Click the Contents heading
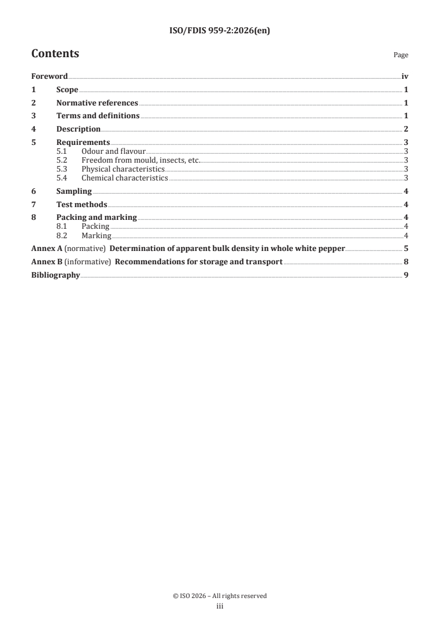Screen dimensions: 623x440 [55, 54]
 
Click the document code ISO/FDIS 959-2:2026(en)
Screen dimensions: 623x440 [220, 31]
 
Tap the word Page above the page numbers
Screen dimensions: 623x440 [401, 55]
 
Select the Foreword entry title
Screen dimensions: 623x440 [49, 76]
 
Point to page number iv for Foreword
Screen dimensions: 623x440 [405, 76]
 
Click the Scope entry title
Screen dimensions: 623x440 [67, 89]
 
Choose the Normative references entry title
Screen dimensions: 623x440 [97, 103]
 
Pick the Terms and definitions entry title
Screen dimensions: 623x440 [98, 116]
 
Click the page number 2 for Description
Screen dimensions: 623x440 [406, 129]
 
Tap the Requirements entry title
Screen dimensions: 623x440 [83, 143]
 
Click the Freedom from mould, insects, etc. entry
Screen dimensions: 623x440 [140, 160]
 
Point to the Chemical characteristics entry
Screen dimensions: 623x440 [124, 178]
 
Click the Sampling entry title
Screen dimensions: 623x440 [74, 191]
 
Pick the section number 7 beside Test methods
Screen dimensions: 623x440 [34, 204]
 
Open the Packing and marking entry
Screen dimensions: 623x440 [97, 218]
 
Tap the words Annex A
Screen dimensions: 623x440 [47, 248]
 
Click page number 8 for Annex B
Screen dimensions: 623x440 [406, 262]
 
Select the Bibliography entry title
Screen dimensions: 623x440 [55, 275]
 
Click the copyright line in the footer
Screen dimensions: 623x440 [220, 596]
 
